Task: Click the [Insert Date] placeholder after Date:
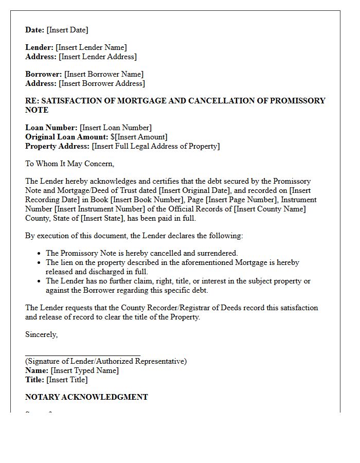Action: click(67, 30)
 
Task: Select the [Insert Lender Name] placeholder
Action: click(91, 47)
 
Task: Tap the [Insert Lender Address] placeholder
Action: click(98, 57)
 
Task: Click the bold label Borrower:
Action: click(44, 74)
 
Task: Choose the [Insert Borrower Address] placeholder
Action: click(102, 83)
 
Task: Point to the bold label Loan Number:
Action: click(51, 128)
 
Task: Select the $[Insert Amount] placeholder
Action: click(139, 137)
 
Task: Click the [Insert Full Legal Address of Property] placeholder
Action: click(155, 146)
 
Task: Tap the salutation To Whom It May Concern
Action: click(69, 164)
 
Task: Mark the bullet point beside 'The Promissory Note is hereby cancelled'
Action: click(40, 253)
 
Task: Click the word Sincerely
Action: click(42, 334)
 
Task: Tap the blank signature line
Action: click(82, 354)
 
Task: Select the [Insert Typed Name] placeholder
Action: click(84, 370)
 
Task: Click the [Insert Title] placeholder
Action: click(67, 380)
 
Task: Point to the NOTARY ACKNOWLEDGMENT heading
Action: click(86, 397)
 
